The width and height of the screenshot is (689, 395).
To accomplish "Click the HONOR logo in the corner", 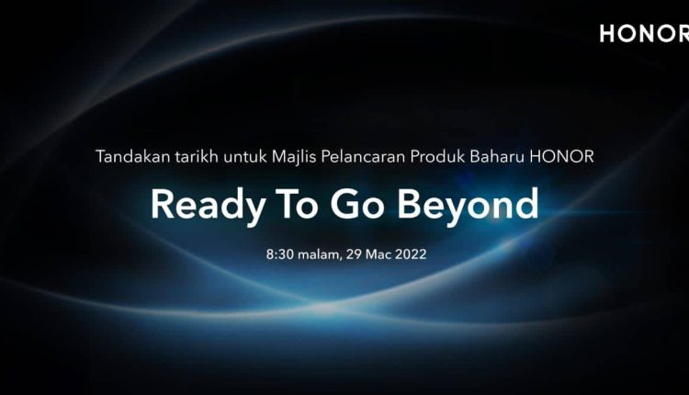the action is click(644, 33).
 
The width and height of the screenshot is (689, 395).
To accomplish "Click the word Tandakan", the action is click(132, 156).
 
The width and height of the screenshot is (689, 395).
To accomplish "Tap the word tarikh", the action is click(197, 156).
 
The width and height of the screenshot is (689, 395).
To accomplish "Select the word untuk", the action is click(244, 156).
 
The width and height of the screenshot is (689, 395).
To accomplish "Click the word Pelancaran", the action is click(363, 156).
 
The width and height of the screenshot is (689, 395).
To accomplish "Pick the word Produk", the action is click(437, 156).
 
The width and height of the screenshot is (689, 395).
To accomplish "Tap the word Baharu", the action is click(497, 156).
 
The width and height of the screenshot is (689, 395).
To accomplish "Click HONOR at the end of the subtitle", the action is click(562, 156).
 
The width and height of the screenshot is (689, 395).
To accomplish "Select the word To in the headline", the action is click(296, 204).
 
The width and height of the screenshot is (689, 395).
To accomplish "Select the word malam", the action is click(319, 254).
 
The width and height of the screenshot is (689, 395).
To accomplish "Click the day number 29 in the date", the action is click(354, 254).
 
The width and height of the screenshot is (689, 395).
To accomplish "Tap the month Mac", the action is click(378, 254).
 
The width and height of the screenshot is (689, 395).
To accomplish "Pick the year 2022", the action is click(411, 254).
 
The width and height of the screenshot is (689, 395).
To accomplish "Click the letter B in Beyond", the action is click(409, 204).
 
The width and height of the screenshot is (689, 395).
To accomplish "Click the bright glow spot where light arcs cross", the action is click(324, 309).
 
